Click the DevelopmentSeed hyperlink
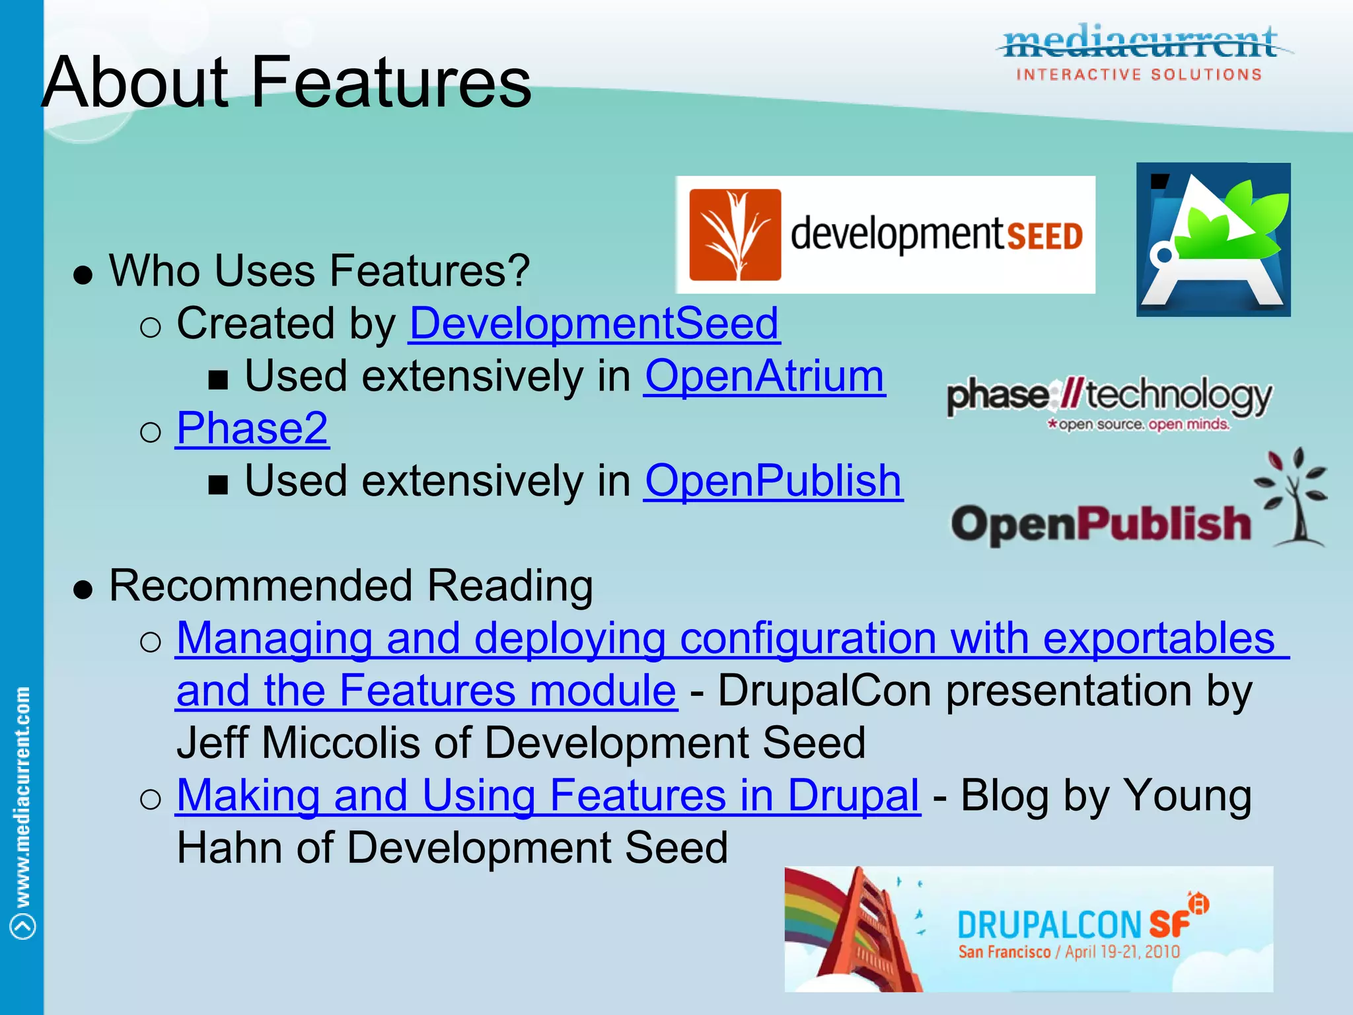pos(594,324)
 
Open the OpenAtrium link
pos(764,376)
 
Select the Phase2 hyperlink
pos(252,428)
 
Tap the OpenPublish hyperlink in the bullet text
pos(773,480)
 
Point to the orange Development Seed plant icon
pos(735,235)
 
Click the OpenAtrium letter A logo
pos(1213,240)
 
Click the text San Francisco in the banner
pos(1004,952)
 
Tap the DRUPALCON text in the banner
pos(1049,924)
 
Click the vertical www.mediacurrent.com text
pos(22,796)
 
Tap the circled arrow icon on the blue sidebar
pos(23,926)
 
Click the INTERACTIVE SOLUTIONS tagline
pos(1139,75)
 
